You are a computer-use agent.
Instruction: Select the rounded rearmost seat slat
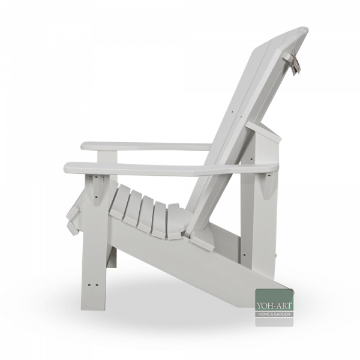coord(177,226)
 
